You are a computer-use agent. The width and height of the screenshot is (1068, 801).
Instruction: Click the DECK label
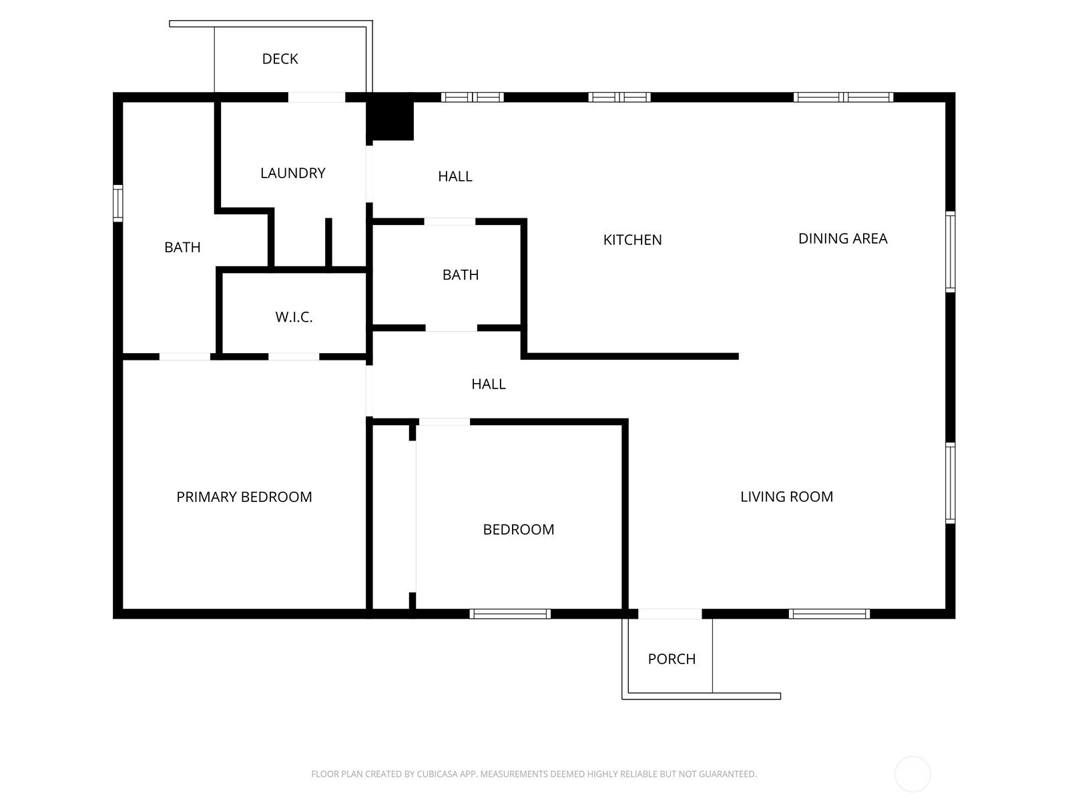tap(280, 59)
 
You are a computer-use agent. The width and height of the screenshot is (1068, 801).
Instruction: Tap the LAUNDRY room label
tap(292, 173)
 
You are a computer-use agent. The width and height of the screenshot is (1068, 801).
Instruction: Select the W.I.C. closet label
tap(294, 317)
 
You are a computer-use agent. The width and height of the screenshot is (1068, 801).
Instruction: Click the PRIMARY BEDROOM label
tap(244, 497)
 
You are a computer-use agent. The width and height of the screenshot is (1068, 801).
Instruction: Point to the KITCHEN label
tap(632, 240)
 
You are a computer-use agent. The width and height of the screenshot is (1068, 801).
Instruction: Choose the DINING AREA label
tap(843, 238)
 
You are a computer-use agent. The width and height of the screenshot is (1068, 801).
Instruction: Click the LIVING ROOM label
tap(786, 497)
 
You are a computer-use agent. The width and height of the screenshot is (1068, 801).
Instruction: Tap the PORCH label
tap(672, 659)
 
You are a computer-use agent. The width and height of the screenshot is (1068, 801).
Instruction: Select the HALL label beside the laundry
tap(455, 176)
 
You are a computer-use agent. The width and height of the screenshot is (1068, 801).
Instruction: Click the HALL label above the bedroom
tap(489, 384)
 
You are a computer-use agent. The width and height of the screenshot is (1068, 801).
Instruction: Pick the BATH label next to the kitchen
tap(461, 275)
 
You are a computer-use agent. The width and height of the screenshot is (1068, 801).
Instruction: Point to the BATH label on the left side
tap(182, 248)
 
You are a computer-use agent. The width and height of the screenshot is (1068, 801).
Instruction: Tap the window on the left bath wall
tap(117, 204)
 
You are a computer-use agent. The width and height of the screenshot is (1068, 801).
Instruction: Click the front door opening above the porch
tap(670, 613)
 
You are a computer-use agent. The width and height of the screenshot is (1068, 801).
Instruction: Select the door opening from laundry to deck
tap(317, 97)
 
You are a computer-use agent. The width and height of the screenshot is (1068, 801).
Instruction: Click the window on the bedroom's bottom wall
tap(510, 613)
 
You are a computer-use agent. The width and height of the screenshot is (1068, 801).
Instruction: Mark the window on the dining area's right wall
tap(951, 252)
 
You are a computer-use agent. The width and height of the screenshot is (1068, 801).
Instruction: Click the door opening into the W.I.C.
tap(294, 356)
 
